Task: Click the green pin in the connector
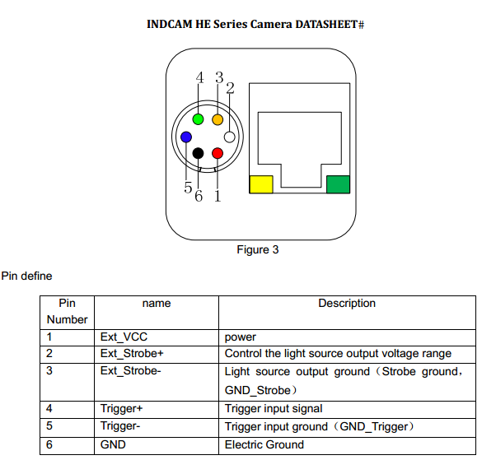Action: pos(199,120)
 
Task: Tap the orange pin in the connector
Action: pos(218,120)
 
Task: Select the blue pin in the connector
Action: pos(186,137)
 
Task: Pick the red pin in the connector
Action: pos(218,153)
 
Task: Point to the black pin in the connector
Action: pos(199,153)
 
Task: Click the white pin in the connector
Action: pos(230,137)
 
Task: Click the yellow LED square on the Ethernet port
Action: pos(261,184)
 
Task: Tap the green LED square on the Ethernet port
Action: pos(338,184)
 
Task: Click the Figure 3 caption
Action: pos(258,249)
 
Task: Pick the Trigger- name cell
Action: pos(120,426)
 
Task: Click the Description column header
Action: pos(347,304)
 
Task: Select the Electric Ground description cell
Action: pos(264,444)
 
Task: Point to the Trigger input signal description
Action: pos(274,408)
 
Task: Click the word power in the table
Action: pos(241,337)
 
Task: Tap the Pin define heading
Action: pos(27,276)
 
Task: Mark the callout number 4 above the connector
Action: pos(199,78)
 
